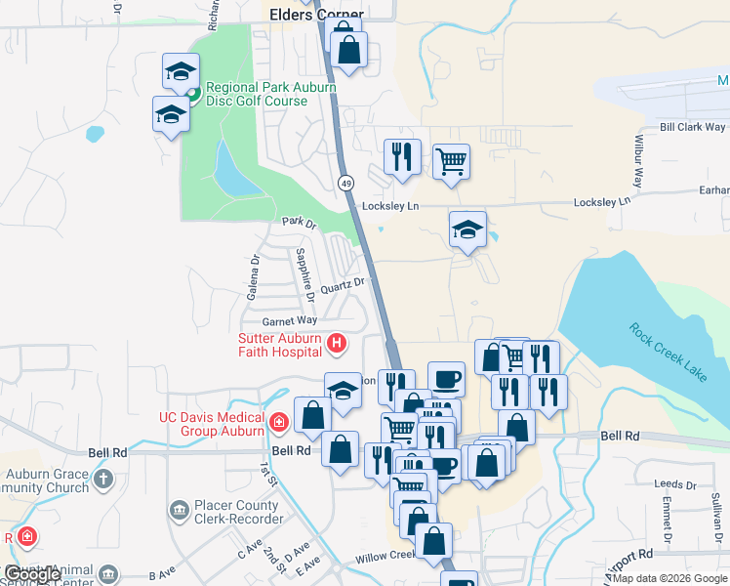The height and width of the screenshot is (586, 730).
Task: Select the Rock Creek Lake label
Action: point(672,351)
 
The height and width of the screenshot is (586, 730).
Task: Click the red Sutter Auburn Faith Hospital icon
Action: point(337,343)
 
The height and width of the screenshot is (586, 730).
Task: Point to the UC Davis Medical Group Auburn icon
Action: point(279,423)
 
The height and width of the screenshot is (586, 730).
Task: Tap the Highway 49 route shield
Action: point(346,183)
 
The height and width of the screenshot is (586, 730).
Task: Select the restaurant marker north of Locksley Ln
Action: point(402,157)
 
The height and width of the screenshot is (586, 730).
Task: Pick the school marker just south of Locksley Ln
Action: point(467,230)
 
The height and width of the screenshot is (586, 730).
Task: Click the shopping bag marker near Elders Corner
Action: point(348,48)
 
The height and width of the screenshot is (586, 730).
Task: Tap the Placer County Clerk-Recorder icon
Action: point(178,510)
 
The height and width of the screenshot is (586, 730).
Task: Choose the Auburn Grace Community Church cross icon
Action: point(104,479)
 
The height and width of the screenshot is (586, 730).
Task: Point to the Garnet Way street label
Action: point(290,320)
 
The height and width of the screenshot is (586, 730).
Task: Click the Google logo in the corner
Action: point(34,574)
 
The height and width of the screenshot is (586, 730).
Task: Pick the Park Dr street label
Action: point(300,223)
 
